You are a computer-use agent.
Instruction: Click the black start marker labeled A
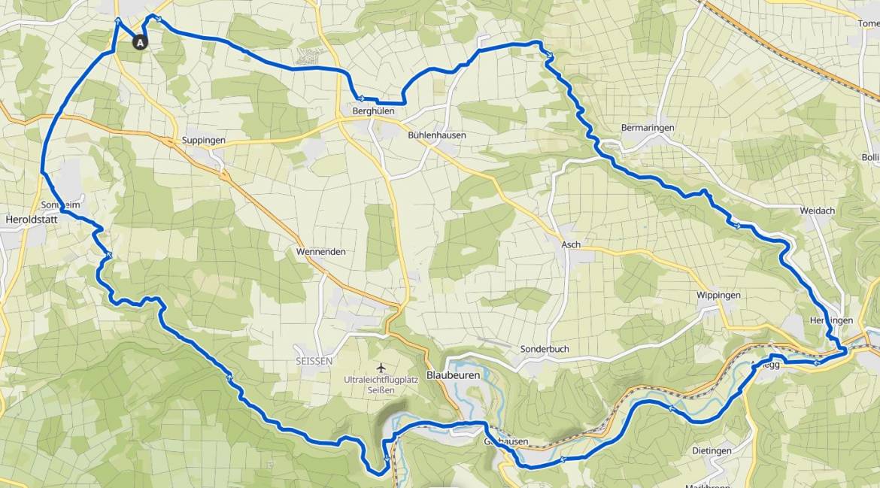pos(140,43)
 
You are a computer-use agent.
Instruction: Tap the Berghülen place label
pos(373,111)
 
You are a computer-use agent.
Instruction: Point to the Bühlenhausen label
pos(437,135)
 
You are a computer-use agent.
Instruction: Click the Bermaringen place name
pos(647,128)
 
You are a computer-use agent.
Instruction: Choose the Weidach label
pos(818,211)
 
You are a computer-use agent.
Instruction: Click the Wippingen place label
pos(718,296)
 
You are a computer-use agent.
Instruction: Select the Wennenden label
pos(321,251)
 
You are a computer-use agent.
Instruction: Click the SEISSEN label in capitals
pos(314,361)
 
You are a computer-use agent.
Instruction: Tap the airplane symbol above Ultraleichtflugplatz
pos(381,367)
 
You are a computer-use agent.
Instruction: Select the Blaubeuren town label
pos(453,374)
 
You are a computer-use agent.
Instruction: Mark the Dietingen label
pos(711,450)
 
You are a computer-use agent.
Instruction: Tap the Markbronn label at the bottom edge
pos(708,485)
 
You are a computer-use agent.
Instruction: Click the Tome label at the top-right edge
pos(868,23)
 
